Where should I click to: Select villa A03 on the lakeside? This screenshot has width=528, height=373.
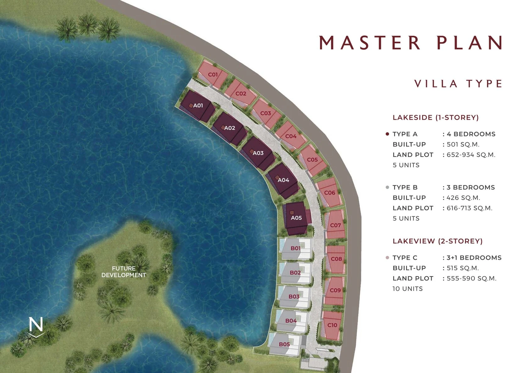(x=258, y=153)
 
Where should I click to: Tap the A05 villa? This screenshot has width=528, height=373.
(x=296, y=218)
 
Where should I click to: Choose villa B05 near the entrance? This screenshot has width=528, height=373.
(x=285, y=344)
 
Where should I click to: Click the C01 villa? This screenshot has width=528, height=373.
(x=212, y=74)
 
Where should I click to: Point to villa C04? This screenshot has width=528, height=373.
(x=291, y=136)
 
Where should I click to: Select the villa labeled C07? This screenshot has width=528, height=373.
(x=335, y=225)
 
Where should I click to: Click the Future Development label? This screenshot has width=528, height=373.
(x=124, y=272)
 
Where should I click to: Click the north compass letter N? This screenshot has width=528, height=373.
(x=36, y=324)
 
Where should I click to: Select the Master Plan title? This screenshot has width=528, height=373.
(x=410, y=43)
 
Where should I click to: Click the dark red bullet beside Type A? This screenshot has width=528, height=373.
(x=387, y=134)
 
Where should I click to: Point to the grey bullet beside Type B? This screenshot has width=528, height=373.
(x=387, y=187)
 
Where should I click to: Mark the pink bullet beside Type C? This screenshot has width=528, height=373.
(x=387, y=258)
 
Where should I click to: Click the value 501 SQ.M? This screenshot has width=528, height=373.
(x=463, y=145)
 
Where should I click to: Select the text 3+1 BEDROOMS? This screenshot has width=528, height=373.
(x=474, y=258)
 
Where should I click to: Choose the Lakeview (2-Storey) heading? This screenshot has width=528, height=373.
(x=437, y=241)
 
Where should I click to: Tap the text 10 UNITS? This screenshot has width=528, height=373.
(x=408, y=289)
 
